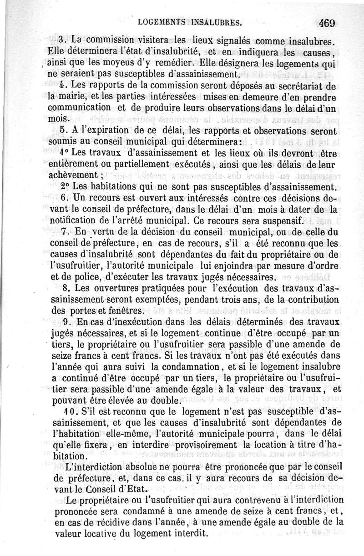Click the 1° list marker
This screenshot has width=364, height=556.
tap(64, 153)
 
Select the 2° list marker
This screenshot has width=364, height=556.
tap(64, 187)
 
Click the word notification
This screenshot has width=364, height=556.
tap(72, 221)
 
